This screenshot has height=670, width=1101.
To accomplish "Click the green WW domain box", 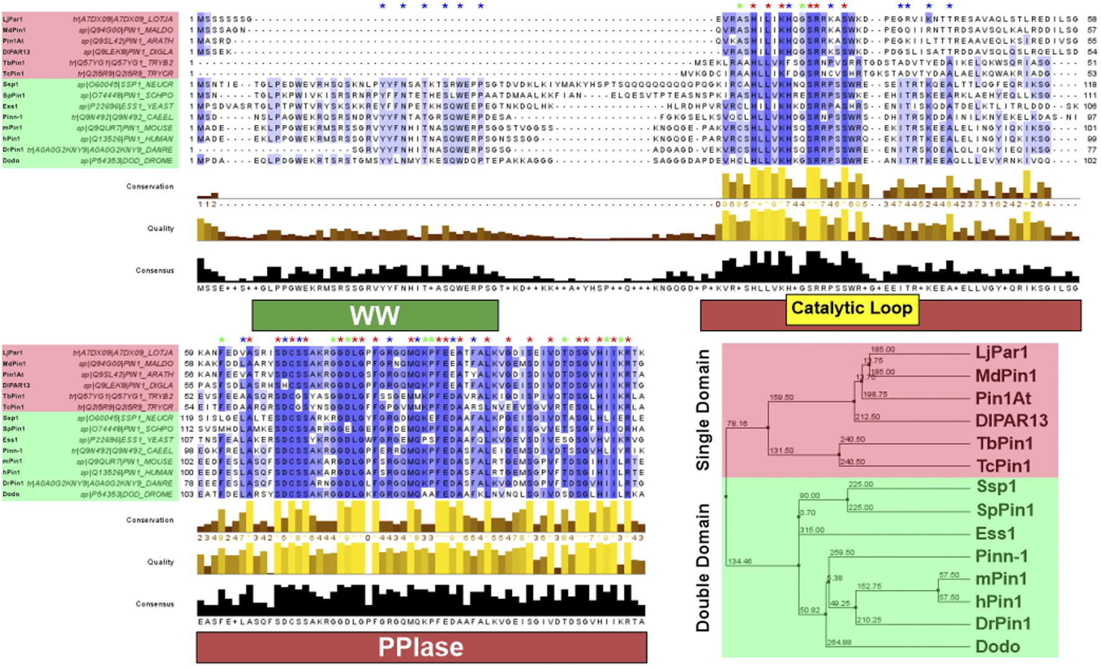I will point(375,315).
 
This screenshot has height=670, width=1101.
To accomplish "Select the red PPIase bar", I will point(421,648).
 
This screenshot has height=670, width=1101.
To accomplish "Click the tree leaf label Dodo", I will point(997,646).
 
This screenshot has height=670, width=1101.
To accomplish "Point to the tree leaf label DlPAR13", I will point(1011,421).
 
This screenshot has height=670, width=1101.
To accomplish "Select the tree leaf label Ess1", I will point(995,533).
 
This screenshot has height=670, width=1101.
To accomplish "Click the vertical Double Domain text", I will point(703,567).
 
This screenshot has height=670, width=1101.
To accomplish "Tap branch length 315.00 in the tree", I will point(812,530).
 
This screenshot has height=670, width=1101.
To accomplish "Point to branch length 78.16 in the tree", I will point(737,423).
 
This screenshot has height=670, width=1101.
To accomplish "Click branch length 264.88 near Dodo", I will point(838,642).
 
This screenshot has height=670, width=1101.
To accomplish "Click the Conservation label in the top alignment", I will point(150,186).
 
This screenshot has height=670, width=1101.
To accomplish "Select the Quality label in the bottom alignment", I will point(160,562).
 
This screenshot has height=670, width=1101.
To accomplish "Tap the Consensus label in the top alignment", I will point(155,270).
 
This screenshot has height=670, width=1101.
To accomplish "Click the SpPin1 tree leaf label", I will point(1005,510).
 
